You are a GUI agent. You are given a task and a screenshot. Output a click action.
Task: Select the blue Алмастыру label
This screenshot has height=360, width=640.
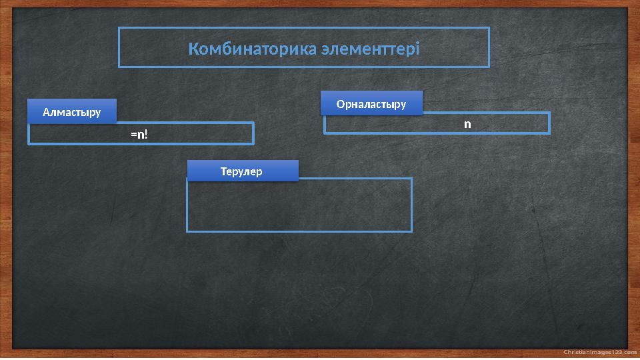(72, 112)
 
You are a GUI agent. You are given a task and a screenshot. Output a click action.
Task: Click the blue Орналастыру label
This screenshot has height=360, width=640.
(371, 104)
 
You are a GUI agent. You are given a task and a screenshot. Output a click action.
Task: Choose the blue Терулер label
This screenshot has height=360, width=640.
(242, 171)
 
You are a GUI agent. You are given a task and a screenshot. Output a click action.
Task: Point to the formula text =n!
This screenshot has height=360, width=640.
(139, 135)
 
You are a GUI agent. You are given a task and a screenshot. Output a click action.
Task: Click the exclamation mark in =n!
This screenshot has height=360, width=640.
(145, 135)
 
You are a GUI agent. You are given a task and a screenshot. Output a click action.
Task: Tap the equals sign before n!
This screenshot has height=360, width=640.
(133, 135)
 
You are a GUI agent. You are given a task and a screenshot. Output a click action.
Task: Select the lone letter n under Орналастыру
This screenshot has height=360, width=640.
(467, 124)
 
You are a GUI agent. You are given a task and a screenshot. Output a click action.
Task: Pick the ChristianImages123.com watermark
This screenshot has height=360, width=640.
(600, 352)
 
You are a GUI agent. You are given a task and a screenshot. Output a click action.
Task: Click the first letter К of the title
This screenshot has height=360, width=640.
(193, 49)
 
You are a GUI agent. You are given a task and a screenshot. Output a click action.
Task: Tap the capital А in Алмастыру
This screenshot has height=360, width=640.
(46, 112)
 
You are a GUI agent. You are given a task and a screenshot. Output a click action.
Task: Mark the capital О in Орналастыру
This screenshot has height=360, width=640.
(341, 104)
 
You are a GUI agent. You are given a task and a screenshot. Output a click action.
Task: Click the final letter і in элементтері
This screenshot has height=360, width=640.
(417, 49)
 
